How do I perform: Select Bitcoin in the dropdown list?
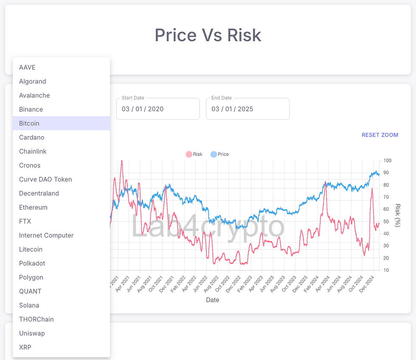(29, 124)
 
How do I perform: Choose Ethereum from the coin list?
(33, 208)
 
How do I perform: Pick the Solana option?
(29, 306)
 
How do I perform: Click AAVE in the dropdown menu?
(27, 67)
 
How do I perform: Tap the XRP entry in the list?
(25, 348)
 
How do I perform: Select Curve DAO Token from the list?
(45, 180)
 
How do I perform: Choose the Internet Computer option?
(46, 236)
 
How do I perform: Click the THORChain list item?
(37, 320)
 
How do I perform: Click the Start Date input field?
(158, 109)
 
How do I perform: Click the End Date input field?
(247, 109)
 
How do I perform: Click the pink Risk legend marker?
(189, 155)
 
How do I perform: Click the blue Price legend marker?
(214, 155)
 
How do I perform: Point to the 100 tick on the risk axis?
(387, 160)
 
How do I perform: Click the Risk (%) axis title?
(397, 215)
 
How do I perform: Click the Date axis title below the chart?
(213, 300)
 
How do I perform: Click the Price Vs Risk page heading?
(208, 35)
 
